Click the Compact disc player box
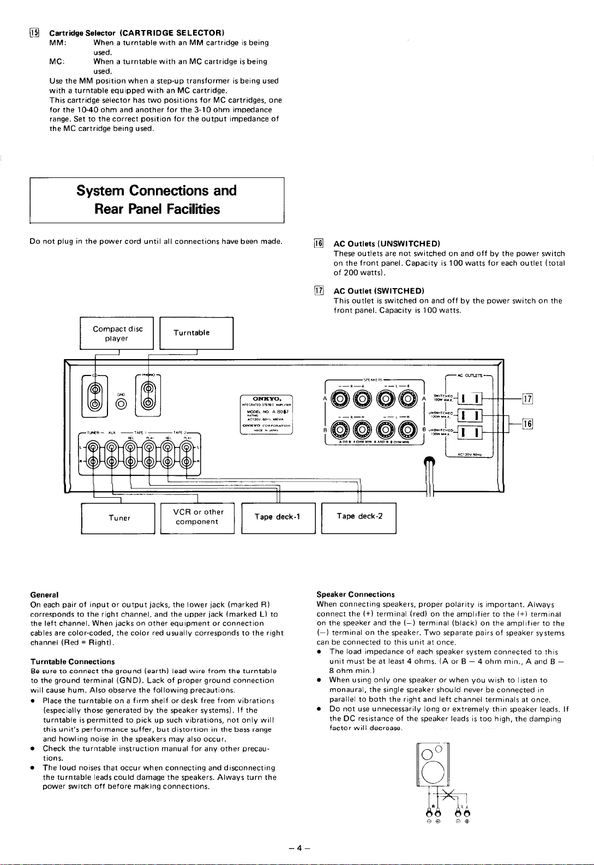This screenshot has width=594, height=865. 117,333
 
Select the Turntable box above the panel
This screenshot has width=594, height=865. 196,333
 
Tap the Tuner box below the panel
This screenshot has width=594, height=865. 119,518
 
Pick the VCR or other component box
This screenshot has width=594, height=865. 197,517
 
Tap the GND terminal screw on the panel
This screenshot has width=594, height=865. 122,403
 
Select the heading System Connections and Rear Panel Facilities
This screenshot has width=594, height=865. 157,200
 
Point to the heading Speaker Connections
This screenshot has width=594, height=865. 356,594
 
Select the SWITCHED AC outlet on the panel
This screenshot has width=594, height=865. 469,399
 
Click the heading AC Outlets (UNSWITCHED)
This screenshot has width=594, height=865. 387,244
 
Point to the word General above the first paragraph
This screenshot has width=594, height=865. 45,594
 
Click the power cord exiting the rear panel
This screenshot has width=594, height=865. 430,475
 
